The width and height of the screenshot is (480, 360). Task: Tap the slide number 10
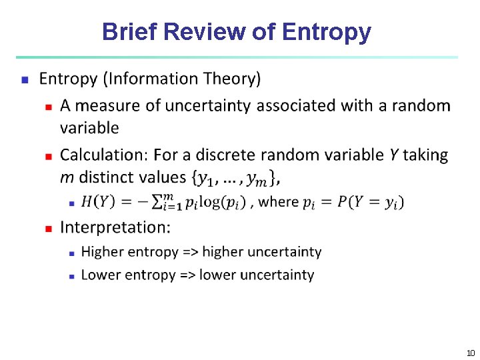[x=470, y=353]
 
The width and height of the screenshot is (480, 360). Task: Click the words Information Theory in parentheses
[x=182, y=79]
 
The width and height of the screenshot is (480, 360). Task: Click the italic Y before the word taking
[x=394, y=155]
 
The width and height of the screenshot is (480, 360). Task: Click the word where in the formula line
[x=278, y=201]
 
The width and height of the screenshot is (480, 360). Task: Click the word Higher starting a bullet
[x=101, y=252]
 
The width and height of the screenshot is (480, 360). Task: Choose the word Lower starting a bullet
[x=99, y=275]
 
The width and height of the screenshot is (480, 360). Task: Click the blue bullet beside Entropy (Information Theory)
[x=25, y=79]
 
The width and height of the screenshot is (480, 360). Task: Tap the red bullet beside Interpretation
[x=48, y=228]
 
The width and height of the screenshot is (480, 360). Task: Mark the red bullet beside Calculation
[x=48, y=155]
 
